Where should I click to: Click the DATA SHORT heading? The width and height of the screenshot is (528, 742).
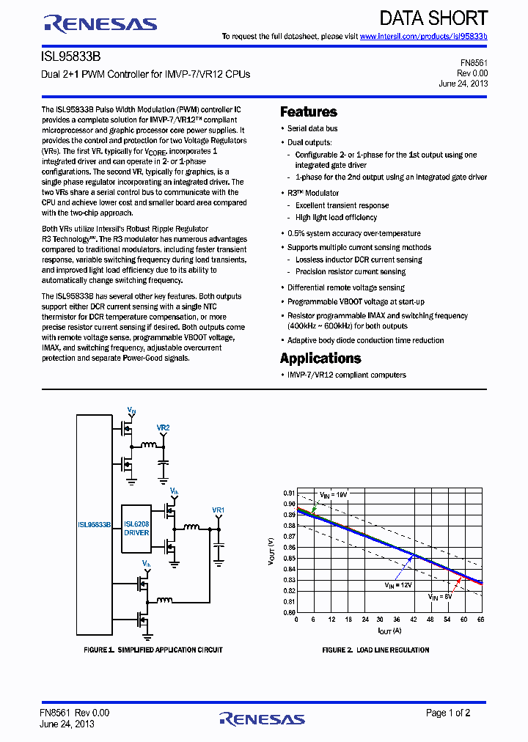(433, 18)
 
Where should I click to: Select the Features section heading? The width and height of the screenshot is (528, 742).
(309, 112)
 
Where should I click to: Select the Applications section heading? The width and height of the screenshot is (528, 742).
(320, 359)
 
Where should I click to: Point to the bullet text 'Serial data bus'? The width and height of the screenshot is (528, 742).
(312, 129)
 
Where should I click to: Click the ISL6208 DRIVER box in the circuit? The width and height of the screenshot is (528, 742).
(136, 528)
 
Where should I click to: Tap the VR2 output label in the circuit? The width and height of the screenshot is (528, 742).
(163, 427)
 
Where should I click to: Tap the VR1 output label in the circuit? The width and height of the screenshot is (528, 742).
(218, 510)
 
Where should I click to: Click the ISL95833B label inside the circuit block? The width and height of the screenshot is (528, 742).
(94, 525)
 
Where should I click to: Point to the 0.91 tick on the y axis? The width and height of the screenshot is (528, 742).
(290, 493)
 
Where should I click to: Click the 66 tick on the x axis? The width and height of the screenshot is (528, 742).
(482, 620)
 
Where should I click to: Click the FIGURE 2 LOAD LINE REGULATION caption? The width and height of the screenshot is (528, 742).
(375, 650)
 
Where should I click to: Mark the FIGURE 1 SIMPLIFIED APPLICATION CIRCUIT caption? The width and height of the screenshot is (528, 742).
(153, 650)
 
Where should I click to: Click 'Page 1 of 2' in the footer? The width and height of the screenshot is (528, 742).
(448, 713)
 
